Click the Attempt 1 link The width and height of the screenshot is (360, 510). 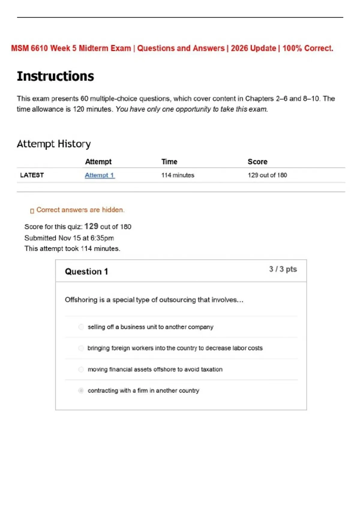[99, 175]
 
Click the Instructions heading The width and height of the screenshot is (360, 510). [55, 76]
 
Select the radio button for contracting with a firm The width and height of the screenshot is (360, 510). [81, 391]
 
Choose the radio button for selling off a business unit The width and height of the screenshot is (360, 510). [81, 327]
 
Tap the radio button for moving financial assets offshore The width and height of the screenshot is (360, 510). [81, 369]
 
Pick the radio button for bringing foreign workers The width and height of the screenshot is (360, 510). [81, 348]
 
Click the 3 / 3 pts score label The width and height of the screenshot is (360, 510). [283, 269]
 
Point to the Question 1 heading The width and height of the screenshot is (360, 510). [86, 271]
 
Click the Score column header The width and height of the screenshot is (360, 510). [257, 162]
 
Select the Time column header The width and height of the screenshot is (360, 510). [169, 162]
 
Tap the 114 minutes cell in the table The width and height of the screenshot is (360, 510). [178, 175]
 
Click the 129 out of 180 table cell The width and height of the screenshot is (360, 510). [267, 175]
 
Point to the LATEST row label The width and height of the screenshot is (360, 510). [32, 175]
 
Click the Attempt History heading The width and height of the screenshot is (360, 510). [54, 144]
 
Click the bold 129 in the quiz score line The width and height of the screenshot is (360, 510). [91, 226]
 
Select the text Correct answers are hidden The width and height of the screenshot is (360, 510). [80, 210]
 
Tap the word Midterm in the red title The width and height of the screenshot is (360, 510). [90, 48]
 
